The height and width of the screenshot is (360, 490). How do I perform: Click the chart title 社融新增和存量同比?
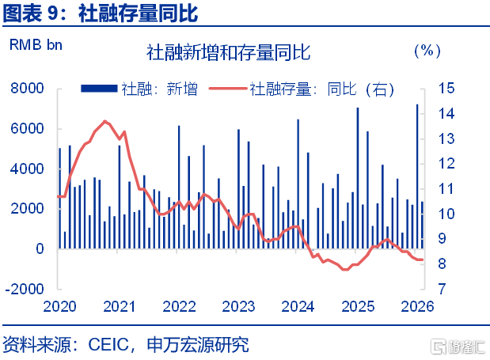[x=229, y=52]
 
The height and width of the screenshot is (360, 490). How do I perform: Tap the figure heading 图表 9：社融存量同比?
[x=101, y=13]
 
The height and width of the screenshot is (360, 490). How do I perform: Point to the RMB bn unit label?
[x=36, y=45]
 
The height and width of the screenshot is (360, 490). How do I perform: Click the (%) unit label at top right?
[x=427, y=51]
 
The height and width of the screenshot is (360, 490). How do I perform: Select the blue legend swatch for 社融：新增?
[x=99, y=89]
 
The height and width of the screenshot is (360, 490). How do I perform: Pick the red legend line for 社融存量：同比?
[x=228, y=89]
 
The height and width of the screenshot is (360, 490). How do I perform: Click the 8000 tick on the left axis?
[x=27, y=89]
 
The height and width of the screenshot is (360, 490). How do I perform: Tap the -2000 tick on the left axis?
[x=25, y=289]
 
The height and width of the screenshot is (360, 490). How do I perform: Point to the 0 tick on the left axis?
[x=40, y=249]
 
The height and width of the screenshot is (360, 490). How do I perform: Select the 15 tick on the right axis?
[x=446, y=89]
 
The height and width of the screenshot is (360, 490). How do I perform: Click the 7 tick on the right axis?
[x=442, y=289]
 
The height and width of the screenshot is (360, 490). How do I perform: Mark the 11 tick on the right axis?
[x=446, y=189]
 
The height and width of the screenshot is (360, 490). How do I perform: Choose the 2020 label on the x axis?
[x=59, y=307]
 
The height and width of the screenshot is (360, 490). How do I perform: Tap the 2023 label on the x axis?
[x=238, y=307]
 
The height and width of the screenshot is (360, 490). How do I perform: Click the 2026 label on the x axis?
[x=417, y=307]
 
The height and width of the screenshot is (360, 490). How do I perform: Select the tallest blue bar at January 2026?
[x=417, y=176]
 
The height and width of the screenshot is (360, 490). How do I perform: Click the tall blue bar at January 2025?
[x=358, y=178]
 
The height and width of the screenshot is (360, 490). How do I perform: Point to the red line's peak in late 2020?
[x=105, y=121]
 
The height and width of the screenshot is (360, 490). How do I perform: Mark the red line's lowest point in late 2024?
[x=345, y=269]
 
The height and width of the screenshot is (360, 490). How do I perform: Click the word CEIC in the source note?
[x=108, y=345]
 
